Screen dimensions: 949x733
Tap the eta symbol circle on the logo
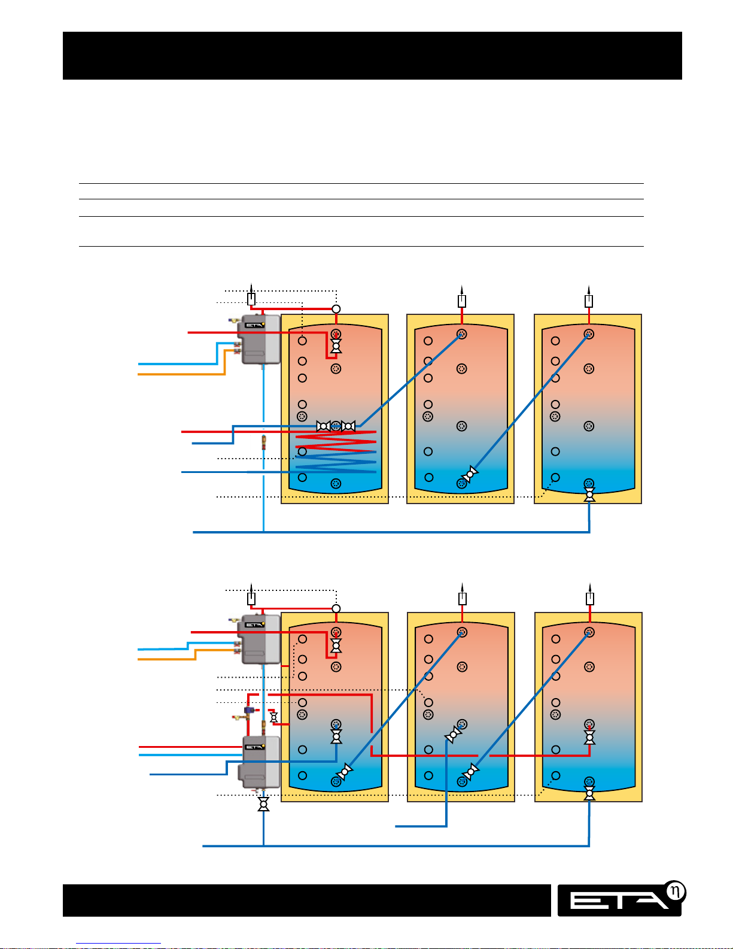pyautogui.click(x=675, y=892)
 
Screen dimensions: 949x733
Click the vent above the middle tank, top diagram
pyautogui.click(x=462, y=301)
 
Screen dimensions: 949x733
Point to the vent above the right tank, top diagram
pyautogui.click(x=589, y=301)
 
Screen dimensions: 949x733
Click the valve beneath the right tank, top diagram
pyautogui.click(x=589, y=495)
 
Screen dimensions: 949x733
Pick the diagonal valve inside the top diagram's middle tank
pyautogui.click(x=470, y=475)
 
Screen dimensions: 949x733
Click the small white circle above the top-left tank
pyautogui.click(x=336, y=309)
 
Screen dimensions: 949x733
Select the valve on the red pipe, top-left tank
pyautogui.click(x=336, y=346)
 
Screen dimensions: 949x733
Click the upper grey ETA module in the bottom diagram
pyautogui.click(x=259, y=639)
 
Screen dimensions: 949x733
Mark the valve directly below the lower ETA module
pyautogui.click(x=263, y=804)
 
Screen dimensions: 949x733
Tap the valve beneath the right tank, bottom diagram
pyautogui.click(x=589, y=794)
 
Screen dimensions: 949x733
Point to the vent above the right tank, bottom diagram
pyautogui.click(x=590, y=598)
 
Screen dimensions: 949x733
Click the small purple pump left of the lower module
pyautogui.click(x=250, y=710)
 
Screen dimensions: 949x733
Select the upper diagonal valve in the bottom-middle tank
pyautogui.click(x=454, y=734)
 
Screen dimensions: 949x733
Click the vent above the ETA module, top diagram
pyautogui.click(x=251, y=299)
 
